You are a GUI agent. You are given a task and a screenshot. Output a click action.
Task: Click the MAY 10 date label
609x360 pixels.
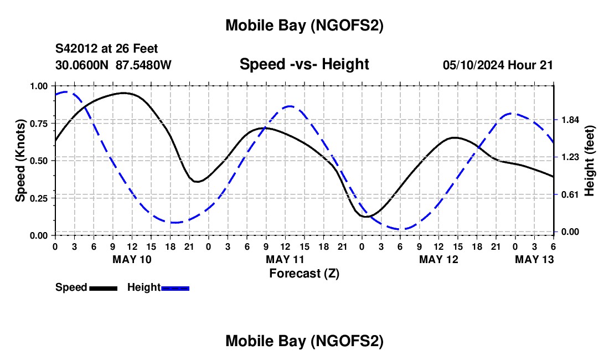(132, 259)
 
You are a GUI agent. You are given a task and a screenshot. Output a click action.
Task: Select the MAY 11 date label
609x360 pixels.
(285, 259)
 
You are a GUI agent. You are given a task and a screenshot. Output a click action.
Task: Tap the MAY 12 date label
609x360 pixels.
(438, 259)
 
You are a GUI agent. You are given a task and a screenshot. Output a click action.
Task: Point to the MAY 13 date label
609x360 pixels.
(534, 259)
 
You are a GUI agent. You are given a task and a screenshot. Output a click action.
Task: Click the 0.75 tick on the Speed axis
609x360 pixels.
(39, 123)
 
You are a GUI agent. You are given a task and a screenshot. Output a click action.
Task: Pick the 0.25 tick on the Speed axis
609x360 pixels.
(39, 198)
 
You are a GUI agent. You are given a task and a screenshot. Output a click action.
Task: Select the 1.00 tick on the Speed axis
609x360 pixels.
(39, 86)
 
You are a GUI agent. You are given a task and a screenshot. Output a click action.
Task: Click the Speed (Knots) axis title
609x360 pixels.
(20, 161)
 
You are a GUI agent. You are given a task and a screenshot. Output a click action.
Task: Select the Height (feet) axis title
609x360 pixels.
(589, 161)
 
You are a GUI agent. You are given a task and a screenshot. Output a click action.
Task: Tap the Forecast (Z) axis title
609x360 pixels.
(304, 273)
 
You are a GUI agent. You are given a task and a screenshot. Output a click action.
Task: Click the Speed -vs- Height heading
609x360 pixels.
(304, 64)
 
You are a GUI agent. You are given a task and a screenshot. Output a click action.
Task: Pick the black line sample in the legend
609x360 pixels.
(103, 287)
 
